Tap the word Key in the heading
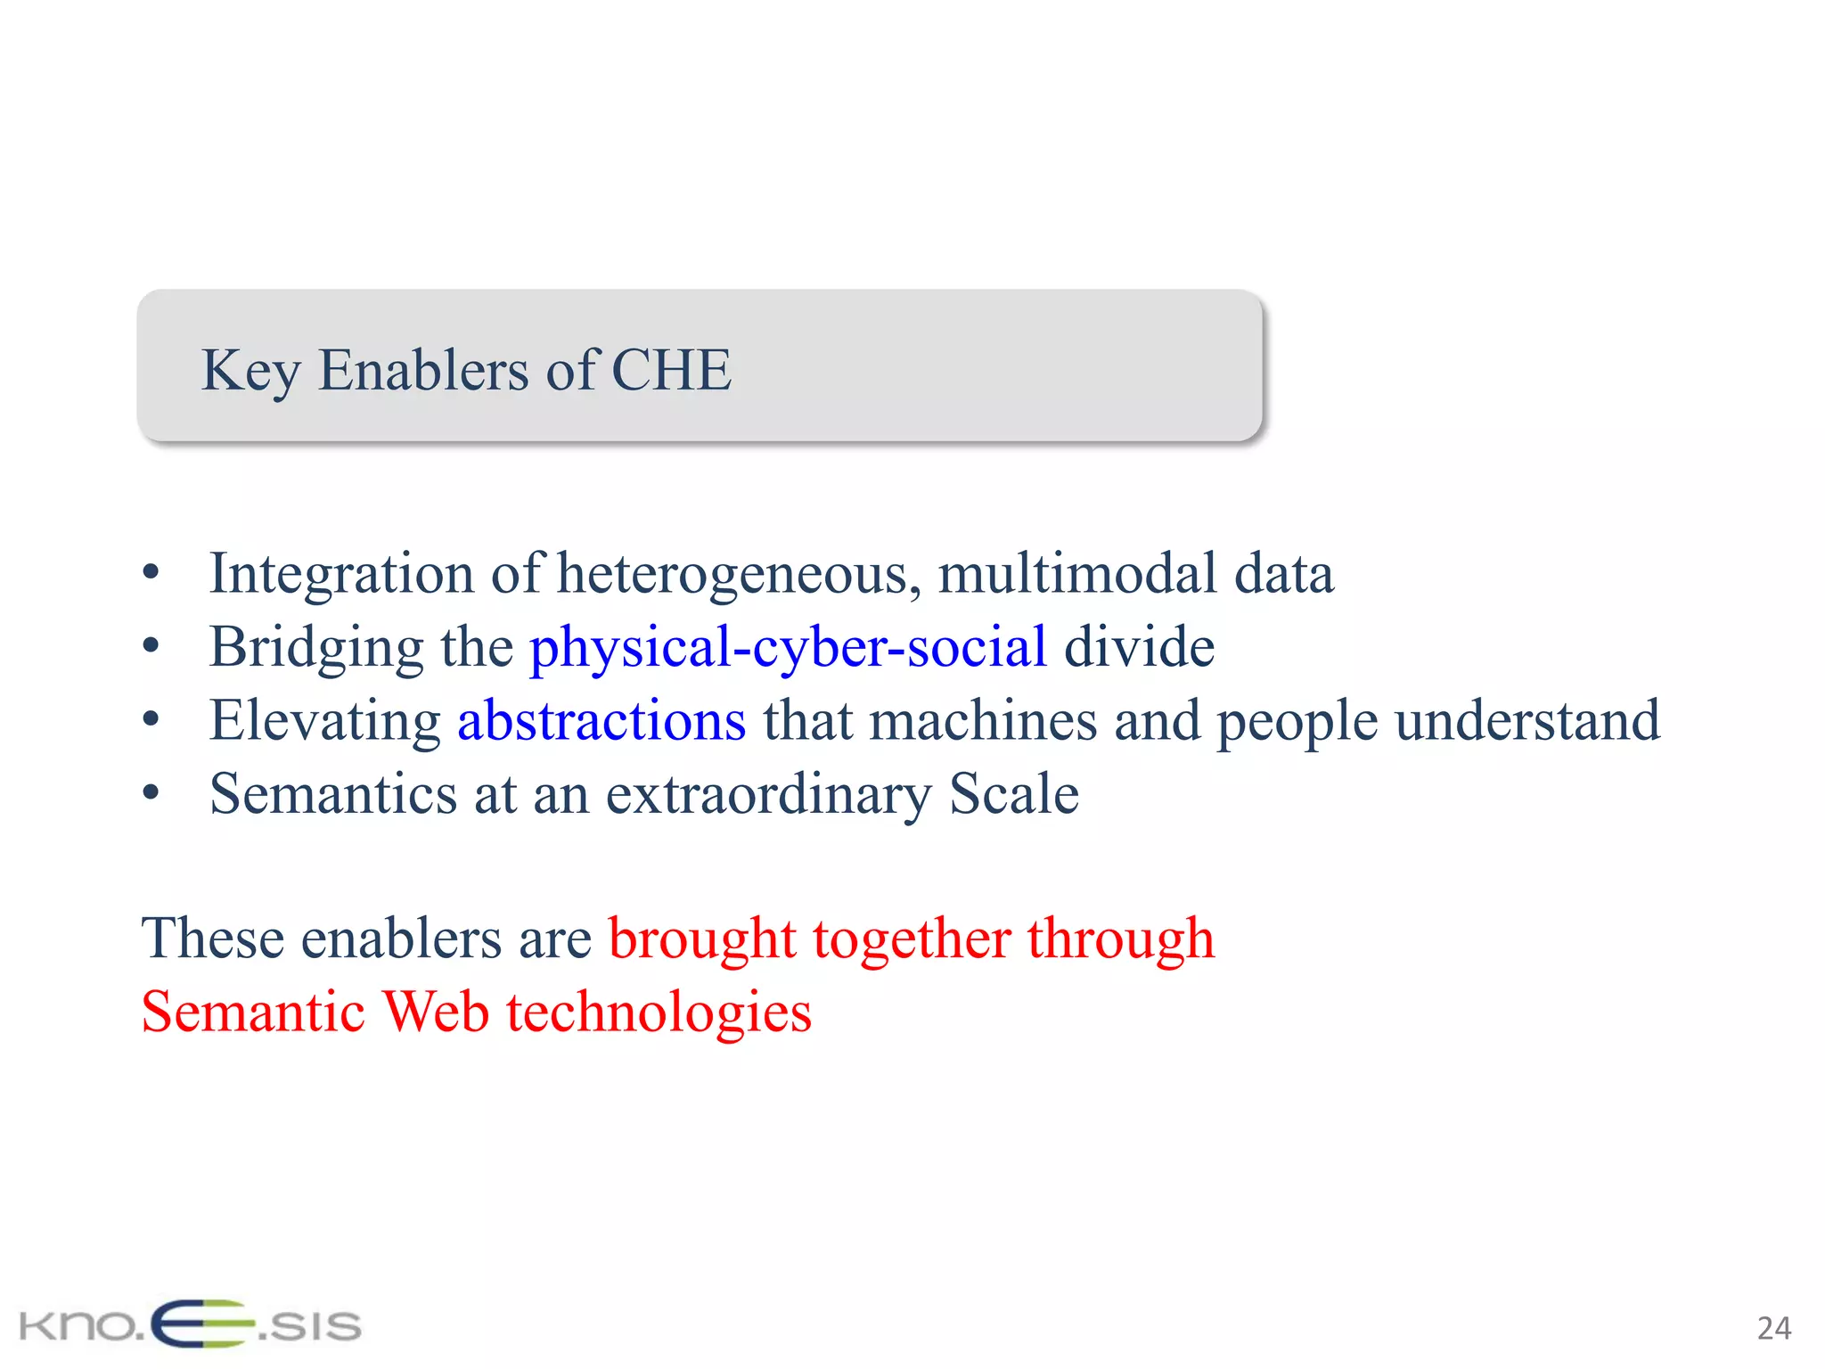250,371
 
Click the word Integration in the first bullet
341,574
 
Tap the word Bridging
316,648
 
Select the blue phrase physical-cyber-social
788,648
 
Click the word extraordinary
768,795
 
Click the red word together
911,939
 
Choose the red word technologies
659,1013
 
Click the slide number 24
1773,1328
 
